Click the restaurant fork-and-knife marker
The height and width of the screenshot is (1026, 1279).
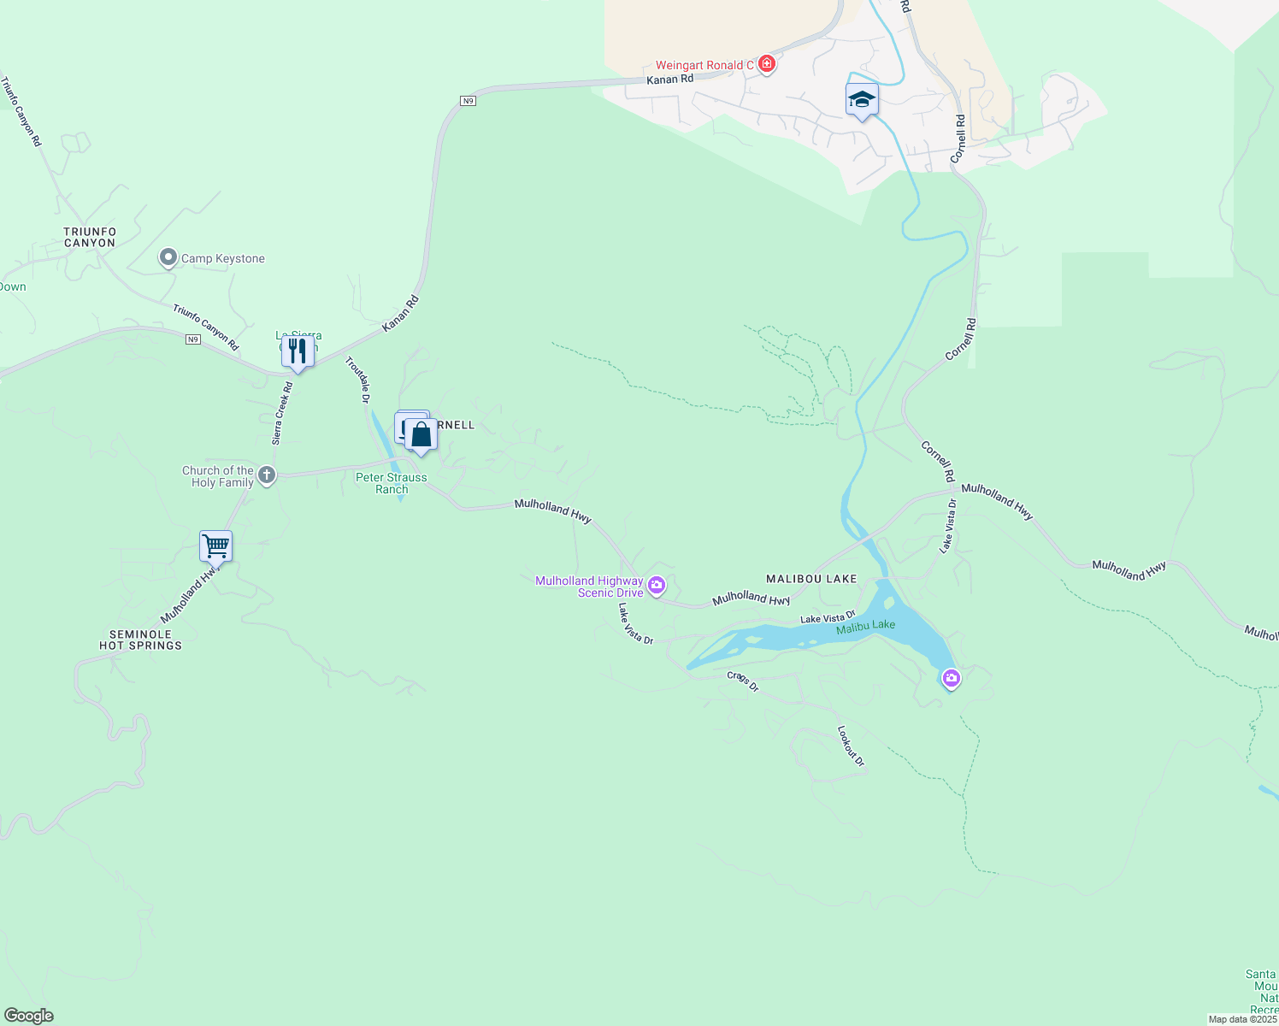click(298, 351)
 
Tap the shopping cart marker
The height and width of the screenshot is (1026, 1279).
click(215, 545)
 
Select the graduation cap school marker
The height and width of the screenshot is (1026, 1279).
click(862, 100)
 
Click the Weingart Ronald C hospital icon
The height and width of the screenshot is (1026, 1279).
click(767, 65)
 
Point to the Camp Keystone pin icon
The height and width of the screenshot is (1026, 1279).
click(168, 258)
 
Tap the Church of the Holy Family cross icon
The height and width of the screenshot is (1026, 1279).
click(267, 476)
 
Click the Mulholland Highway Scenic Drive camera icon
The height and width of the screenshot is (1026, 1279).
click(657, 586)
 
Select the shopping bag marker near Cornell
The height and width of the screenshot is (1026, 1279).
click(421, 435)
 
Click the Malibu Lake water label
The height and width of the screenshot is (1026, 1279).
click(865, 626)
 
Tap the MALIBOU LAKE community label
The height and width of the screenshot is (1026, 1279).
click(811, 579)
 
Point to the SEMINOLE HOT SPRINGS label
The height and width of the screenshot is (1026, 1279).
click(140, 640)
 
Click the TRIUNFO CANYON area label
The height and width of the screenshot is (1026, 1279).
click(90, 238)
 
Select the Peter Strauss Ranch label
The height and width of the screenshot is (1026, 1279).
click(392, 483)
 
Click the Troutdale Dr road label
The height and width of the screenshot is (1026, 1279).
click(357, 380)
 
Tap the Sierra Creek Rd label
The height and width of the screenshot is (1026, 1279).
click(282, 413)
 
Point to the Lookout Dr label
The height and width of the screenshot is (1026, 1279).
click(851, 746)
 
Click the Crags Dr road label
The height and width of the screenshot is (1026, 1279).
click(742, 681)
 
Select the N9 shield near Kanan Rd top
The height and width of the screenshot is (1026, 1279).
click(467, 101)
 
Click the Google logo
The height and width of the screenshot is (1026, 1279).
click(28, 1016)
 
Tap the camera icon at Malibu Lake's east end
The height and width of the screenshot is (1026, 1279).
click(951, 679)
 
